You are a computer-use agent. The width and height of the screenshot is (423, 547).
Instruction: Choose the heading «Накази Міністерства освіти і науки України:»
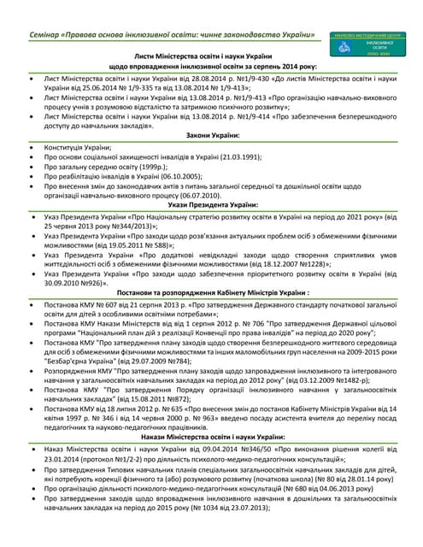coord(214,436)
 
